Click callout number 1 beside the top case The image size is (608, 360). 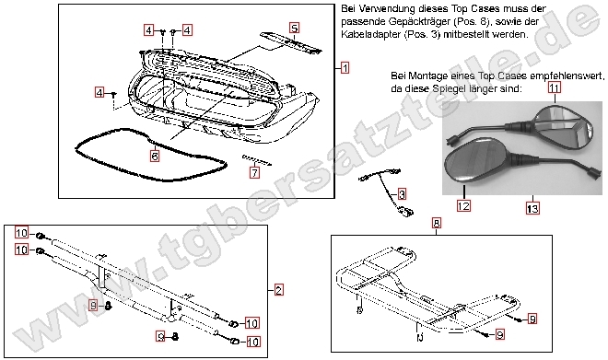344,68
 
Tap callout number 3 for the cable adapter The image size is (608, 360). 402,194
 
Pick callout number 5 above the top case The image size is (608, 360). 294,29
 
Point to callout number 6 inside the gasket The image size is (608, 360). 154,157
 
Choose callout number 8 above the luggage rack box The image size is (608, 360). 436,223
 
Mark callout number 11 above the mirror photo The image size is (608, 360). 555,88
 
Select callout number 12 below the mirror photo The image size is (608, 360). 463,206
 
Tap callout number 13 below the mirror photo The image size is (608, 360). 532,209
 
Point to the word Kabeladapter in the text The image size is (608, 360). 368,34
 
